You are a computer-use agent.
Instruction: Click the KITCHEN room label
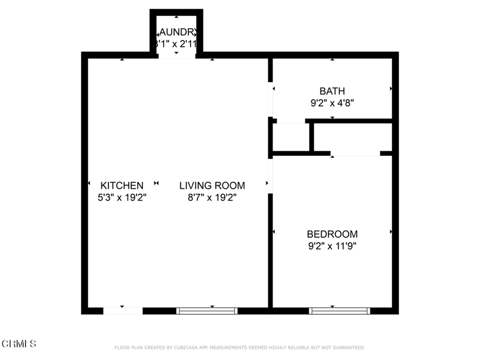click(122, 186)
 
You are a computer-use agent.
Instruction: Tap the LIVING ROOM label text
click(212, 186)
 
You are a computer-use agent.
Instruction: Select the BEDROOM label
click(332, 234)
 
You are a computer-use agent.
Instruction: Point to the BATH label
click(332, 91)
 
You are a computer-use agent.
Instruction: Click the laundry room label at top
click(177, 32)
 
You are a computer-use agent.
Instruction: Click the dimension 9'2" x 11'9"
click(332, 246)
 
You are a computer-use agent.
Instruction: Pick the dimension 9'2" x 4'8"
click(332, 103)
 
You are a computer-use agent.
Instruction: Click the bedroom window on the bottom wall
click(339, 310)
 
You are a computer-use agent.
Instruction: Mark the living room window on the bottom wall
click(207, 310)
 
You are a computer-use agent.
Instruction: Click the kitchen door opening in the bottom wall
click(123, 310)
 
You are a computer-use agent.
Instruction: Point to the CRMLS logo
click(19, 343)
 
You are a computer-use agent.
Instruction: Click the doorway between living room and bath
click(270, 100)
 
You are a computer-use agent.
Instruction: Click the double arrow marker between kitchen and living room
click(156, 183)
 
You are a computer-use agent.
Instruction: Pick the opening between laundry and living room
click(177, 55)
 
